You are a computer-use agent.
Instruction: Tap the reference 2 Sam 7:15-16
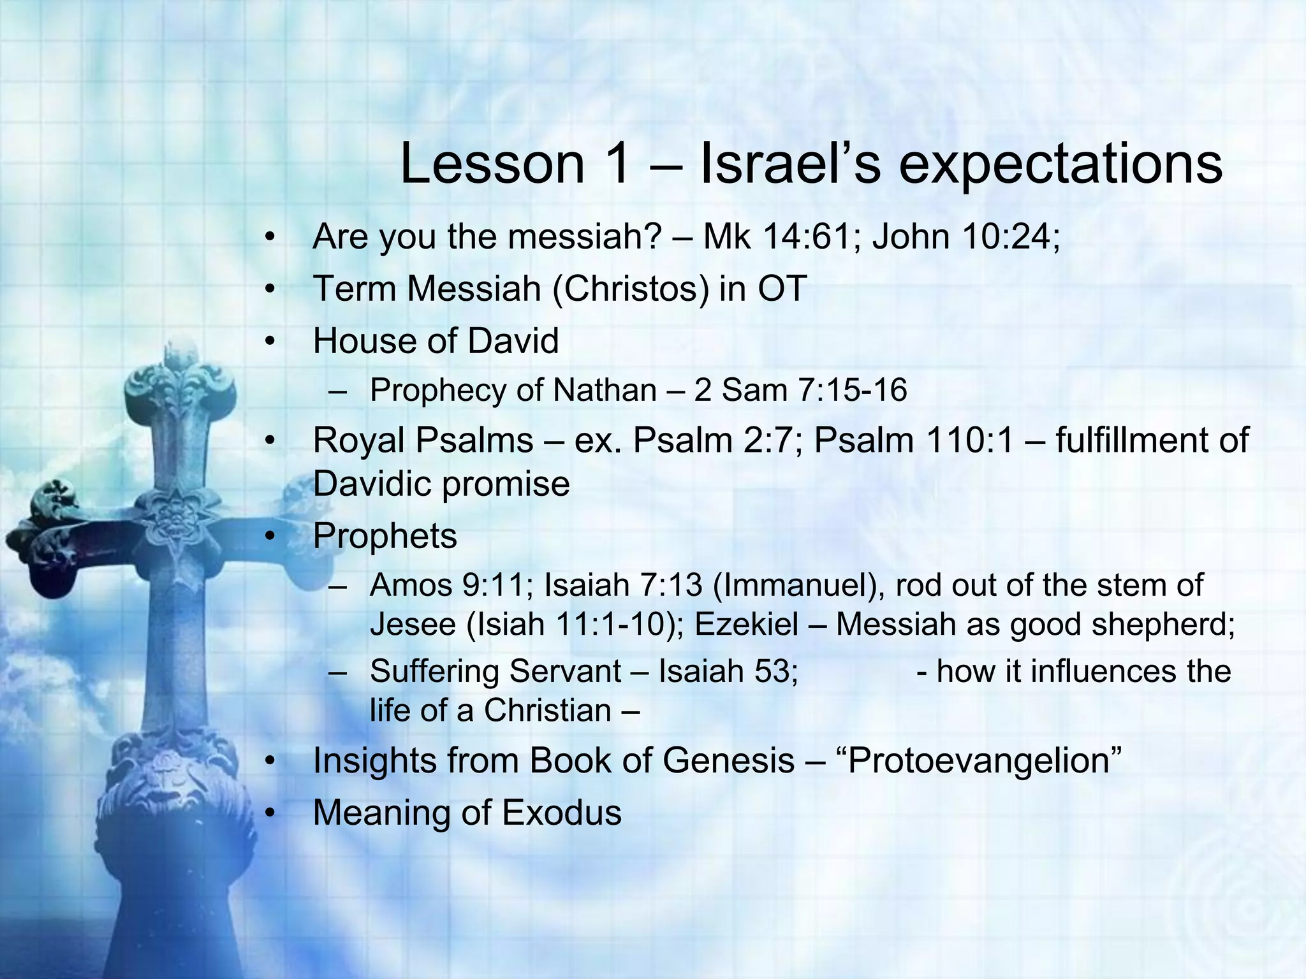(x=800, y=390)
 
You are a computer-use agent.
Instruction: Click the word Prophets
(x=385, y=536)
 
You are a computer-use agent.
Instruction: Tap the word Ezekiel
(x=746, y=624)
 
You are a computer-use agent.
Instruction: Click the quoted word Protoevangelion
(x=983, y=760)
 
